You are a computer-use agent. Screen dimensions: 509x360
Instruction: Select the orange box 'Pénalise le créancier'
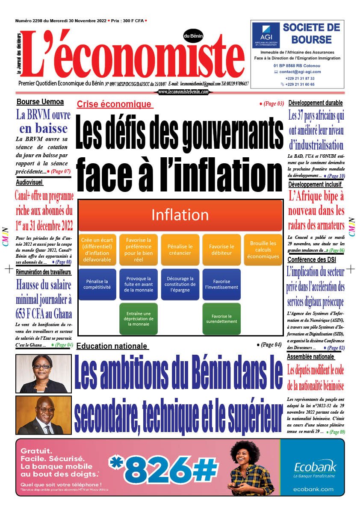pos(180,250)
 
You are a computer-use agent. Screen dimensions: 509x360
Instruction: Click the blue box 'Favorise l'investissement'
pos(221,284)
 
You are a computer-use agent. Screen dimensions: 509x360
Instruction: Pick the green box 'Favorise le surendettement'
pos(221,319)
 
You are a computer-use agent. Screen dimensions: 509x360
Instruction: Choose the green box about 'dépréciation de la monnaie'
pos(139,319)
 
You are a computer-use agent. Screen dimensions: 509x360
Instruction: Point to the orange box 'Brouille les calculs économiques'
pos(263,250)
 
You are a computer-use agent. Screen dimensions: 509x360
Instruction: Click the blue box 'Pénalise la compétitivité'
pos(97,284)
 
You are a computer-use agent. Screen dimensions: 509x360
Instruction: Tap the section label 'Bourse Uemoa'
pos(40,102)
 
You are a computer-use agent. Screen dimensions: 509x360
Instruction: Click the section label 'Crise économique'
pos(114,104)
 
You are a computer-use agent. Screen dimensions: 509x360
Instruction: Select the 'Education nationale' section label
pos(112,346)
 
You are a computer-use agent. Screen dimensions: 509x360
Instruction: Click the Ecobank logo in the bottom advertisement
pos(315,467)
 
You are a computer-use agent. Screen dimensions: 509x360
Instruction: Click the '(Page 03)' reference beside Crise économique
pos(272,103)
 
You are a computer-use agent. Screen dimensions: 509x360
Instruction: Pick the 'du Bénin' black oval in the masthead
pos(193,36)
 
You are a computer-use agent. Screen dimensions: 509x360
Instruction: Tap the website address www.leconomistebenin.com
pos(183,92)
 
